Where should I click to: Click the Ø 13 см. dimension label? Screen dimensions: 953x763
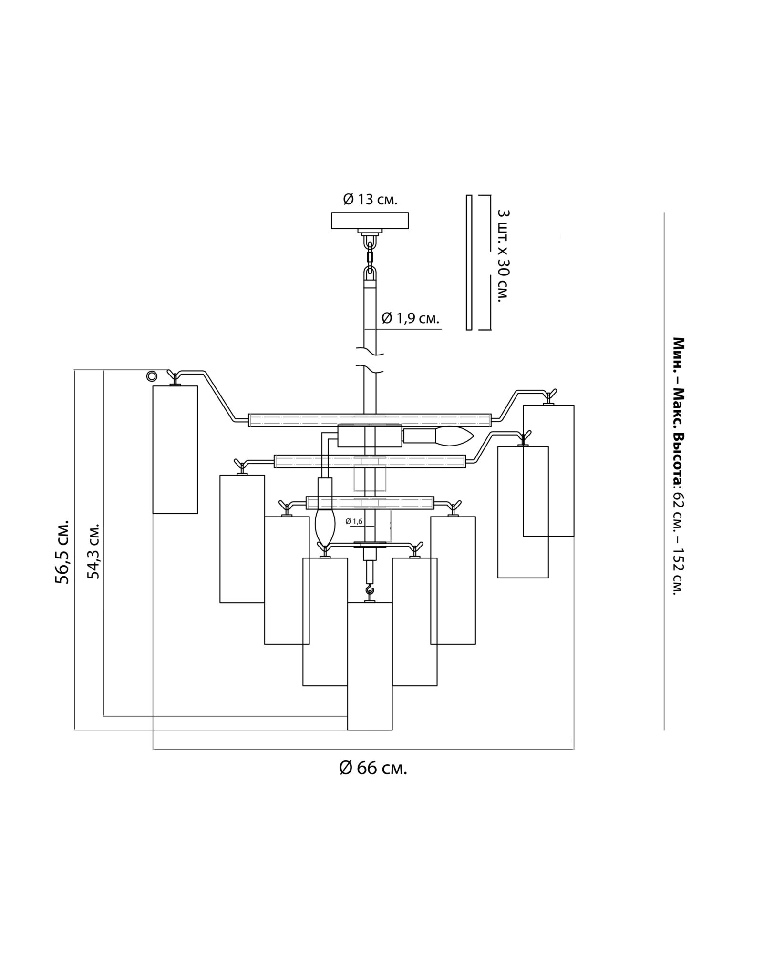pos(370,200)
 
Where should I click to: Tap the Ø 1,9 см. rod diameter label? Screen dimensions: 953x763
pos(410,318)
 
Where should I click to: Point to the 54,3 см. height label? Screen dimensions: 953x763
pos(93,551)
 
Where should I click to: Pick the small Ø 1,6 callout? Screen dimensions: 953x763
pos(354,521)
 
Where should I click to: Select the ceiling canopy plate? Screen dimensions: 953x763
pos(370,220)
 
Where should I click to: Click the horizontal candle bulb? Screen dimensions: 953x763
pos(451,436)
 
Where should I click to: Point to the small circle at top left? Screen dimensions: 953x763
pos(152,376)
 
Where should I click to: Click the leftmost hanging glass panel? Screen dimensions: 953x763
pos(175,449)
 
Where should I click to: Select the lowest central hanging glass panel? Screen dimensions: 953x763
pos(370,666)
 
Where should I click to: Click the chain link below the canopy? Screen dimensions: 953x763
pos(370,257)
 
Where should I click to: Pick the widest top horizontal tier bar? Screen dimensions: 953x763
pos(370,420)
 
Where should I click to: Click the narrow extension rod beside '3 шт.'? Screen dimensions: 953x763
pos(469,262)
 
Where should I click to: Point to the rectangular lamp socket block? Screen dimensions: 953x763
pos(370,436)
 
